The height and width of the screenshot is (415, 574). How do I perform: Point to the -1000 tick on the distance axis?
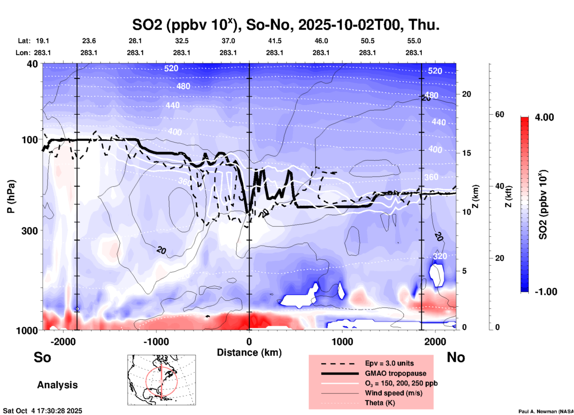tap(156, 341)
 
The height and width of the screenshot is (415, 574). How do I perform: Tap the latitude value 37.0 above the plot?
tap(228, 41)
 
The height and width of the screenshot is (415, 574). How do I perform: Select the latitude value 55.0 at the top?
tap(414, 41)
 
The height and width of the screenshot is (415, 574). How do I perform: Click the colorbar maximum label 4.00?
tap(544, 117)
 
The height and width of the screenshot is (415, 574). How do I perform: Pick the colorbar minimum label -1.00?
tap(545, 292)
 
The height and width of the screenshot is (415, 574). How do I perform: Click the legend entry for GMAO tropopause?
tap(395, 373)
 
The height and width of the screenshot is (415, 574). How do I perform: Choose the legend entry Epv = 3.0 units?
tap(389, 363)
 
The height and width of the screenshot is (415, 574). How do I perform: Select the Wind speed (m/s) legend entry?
tap(393, 393)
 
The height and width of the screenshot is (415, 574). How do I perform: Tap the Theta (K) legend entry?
tap(380, 403)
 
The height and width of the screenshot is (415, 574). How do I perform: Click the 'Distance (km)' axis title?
tap(249, 352)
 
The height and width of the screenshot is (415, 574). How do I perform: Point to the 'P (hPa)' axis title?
tap(11, 196)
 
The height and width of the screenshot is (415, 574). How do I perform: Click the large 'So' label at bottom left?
tap(42, 357)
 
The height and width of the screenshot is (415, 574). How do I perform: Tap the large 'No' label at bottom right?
tap(456, 357)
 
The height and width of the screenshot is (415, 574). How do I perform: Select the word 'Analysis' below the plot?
tap(57, 385)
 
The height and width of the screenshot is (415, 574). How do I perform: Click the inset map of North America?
tap(162, 380)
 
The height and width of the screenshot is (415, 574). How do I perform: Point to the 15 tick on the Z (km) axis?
tap(466, 153)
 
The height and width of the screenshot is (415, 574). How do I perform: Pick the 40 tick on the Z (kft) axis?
tap(499, 186)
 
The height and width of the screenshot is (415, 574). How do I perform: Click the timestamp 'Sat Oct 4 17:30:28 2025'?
tap(42, 411)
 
